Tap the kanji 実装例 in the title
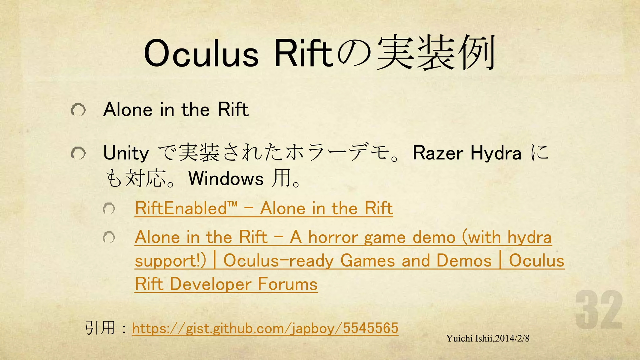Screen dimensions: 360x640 tap(436, 53)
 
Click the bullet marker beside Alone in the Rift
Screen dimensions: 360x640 tap(78, 110)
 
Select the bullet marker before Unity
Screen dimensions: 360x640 tap(78, 153)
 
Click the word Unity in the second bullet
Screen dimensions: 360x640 tap(126, 153)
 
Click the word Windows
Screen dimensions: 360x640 tap(226, 179)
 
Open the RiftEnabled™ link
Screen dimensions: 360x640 tap(264, 208)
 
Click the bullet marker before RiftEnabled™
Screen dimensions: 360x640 tap(109, 208)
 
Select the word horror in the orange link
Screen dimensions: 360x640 tap(332, 237)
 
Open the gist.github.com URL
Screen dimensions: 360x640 tap(265, 328)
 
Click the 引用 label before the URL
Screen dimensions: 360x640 tap(100, 328)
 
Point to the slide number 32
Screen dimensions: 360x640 tap(599, 310)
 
